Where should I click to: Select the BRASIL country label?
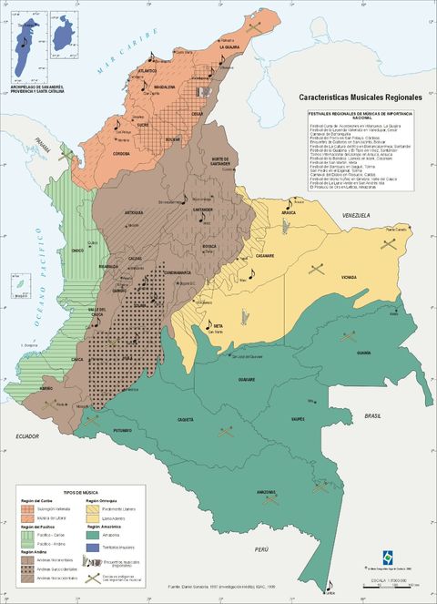click(x=371, y=415)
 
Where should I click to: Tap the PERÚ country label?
click(x=262, y=549)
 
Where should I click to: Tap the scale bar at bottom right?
click(x=388, y=583)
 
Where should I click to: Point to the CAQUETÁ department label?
click(x=185, y=419)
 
